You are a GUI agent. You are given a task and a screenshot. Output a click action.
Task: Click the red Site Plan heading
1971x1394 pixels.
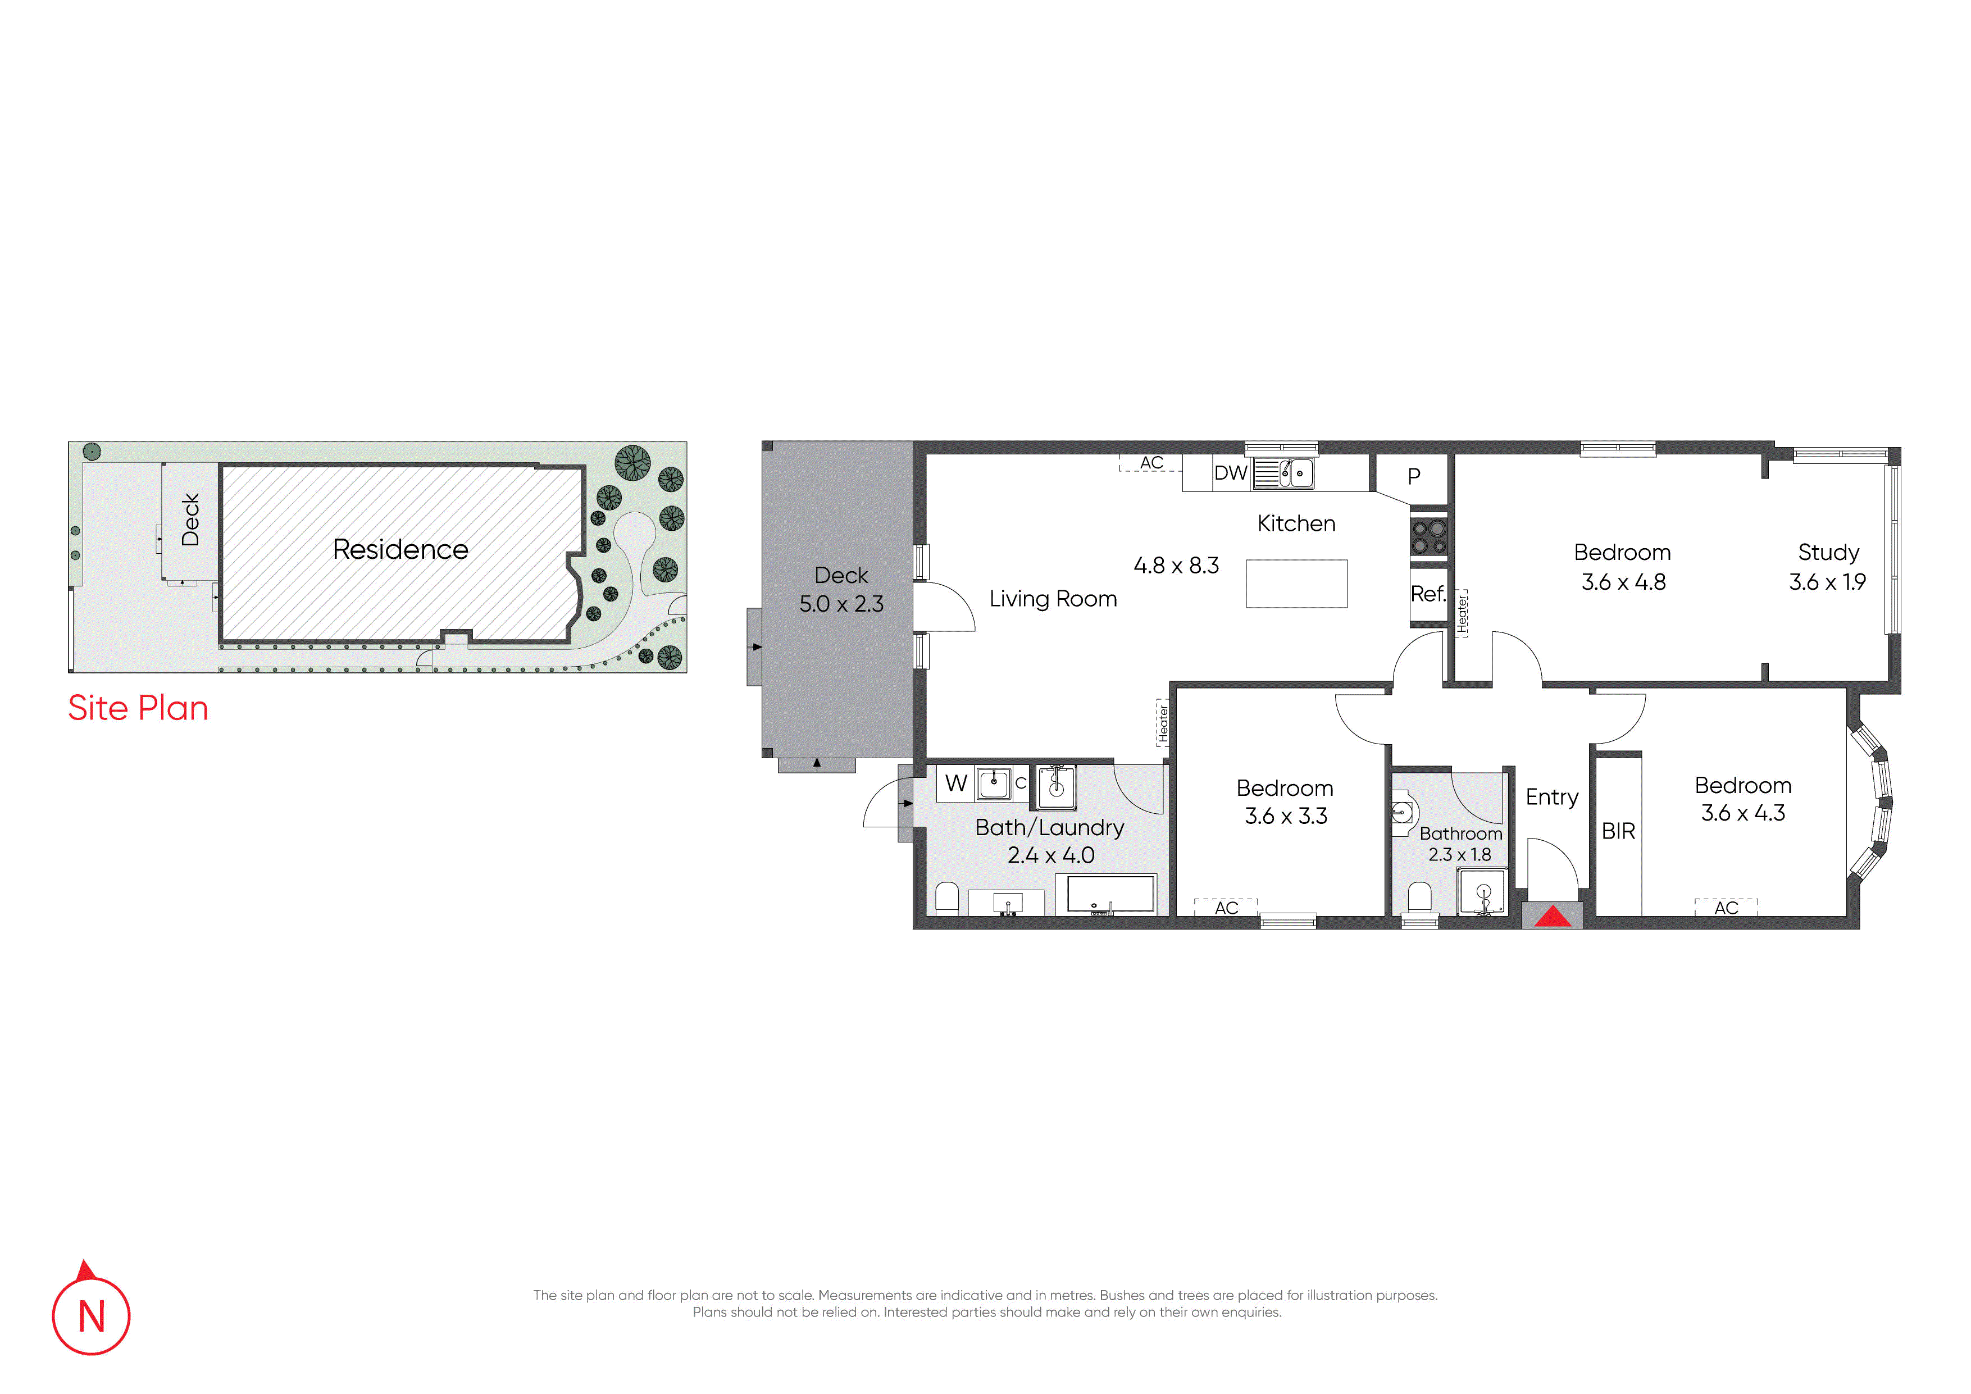[138, 708]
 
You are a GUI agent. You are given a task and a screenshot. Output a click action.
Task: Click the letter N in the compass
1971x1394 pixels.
[92, 1316]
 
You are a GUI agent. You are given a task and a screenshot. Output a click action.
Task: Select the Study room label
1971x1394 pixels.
[1828, 553]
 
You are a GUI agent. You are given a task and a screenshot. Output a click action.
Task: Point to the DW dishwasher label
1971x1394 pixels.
[1230, 473]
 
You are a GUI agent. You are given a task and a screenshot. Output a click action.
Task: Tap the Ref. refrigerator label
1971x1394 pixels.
[1428, 594]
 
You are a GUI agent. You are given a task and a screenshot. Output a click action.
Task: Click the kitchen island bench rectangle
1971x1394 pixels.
[1296, 584]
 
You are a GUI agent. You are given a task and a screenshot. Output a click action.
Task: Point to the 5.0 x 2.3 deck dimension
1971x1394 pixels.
[841, 604]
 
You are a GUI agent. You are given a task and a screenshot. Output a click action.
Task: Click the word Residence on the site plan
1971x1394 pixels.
[401, 549]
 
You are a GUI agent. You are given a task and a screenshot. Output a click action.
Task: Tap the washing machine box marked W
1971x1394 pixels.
[955, 783]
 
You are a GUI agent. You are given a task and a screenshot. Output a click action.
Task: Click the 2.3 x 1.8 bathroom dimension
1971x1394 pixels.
[1459, 855]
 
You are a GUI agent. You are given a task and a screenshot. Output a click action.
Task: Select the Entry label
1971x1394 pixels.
[1552, 798]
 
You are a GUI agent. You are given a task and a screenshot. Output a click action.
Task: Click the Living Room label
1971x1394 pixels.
[1053, 599]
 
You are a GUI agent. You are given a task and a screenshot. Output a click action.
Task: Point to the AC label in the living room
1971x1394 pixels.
[1151, 463]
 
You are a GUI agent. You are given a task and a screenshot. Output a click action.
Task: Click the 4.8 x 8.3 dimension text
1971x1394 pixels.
[1176, 566]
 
